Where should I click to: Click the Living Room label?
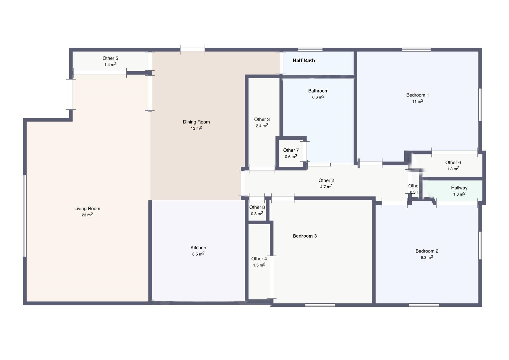pyautogui.click(x=87, y=209)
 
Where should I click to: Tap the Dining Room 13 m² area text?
pyautogui.click(x=196, y=128)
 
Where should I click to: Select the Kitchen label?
pyautogui.click(x=198, y=248)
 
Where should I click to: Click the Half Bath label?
pyautogui.click(x=303, y=61)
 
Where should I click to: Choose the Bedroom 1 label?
pyautogui.click(x=418, y=95)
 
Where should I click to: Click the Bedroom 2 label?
pyautogui.click(x=427, y=251)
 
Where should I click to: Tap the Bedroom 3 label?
pyautogui.click(x=305, y=236)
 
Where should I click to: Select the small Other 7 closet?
pyautogui.click(x=291, y=153)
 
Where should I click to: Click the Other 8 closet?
pyautogui.click(x=257, y=210)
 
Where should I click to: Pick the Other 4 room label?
pyautogui.click(x=259, y=259)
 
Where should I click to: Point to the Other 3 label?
pyautogui.click(x=262, y=119)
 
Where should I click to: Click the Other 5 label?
pyautogui.click(x=110, y=58)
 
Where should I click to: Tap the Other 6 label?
pyautogui.click(x=453, y=163)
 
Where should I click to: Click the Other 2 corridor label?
pyautogui.click(x=326, y=180)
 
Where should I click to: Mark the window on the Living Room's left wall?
pyautogui.click(x=25, y=216)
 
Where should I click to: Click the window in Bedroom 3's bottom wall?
pyautogui.click(x=320, y=305)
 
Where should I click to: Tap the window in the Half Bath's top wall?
pyautogui.click(x=310, y=50)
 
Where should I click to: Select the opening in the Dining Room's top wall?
pyautogui.click(x=192, y=50)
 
